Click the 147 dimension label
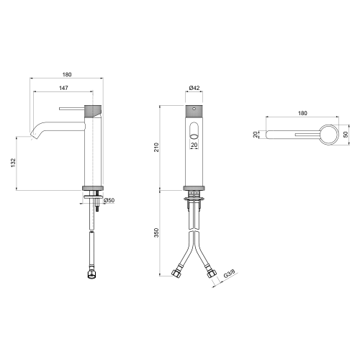63,88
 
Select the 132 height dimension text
13,163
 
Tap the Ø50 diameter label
109,200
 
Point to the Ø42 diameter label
194,88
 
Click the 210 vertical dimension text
156,147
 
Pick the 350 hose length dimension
156,233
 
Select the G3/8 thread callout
229,274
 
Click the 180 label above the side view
67,75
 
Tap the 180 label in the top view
302,113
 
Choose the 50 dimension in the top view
346,135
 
